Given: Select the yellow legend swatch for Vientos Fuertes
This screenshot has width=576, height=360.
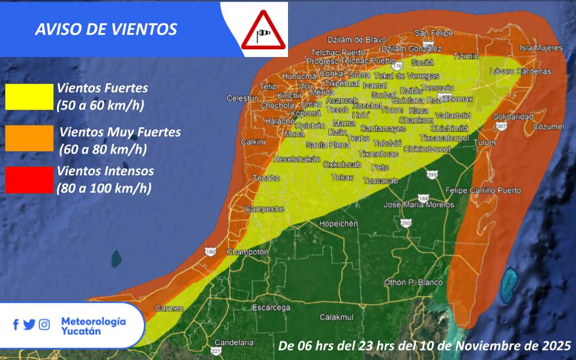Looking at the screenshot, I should point(29,97).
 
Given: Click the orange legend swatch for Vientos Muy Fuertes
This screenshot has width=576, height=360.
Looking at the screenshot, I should point(29,138).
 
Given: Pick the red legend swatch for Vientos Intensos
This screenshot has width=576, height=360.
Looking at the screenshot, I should point(29,179).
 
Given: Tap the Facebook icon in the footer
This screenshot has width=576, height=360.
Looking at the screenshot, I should point(16,325).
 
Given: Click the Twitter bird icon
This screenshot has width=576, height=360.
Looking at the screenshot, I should point(29,325).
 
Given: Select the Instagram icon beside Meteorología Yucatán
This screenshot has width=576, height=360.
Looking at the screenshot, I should point(44,325).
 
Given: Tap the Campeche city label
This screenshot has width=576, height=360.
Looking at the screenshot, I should point(265,209).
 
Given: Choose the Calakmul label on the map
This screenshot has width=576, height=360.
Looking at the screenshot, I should point(337,317).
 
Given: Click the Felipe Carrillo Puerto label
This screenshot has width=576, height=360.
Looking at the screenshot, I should point(484,190).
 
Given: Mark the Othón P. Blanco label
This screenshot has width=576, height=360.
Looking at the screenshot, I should point(413,283).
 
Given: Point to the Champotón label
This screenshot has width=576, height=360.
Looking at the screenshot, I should point(247,252).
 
